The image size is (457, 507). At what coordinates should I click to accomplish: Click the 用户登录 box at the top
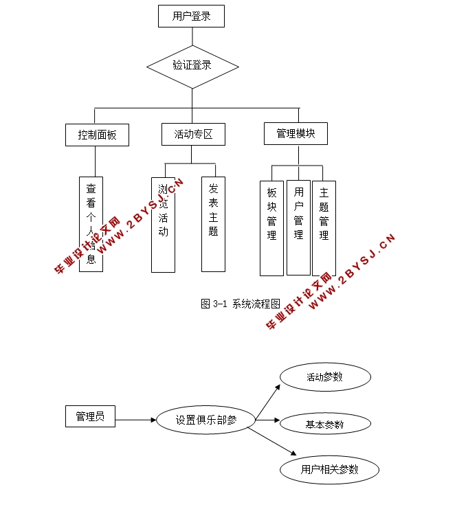pyautogui.click(x=191, y=16)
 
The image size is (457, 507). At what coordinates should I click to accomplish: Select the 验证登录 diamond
pyautogui.click(x=192, y=66)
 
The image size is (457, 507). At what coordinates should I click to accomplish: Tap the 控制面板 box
pyautogui.click(x=98, y=135)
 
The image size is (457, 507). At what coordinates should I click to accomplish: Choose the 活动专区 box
pyautogui.click(x=193, y=134)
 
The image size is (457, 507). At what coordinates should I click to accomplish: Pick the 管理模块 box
pyautogui.click(x=296, y=133)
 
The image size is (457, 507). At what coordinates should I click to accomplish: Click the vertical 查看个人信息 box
pyautogui.click(x=91, y=224)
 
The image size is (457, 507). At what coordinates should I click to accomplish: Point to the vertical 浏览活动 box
pyautogui.click(x=163, y=224)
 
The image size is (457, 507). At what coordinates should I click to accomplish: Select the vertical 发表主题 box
pyautogui.click(x=213, y=224)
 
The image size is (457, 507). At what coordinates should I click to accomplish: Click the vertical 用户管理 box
pyautogui.click(x=298, y=227)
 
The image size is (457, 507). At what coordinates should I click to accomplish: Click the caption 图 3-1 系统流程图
pyautogui.click(x=241, y=304)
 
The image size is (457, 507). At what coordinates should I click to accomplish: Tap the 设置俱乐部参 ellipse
pyautogui.click(x=205, y=420)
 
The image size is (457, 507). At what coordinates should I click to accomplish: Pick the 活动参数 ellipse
pyautogui.click(x=325, y=377)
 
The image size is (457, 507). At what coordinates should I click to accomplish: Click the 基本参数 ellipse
pyautogui.click(x=325, y=425)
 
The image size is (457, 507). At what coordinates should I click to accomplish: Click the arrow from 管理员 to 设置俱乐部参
pyautogui.click(x=136, y=420)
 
